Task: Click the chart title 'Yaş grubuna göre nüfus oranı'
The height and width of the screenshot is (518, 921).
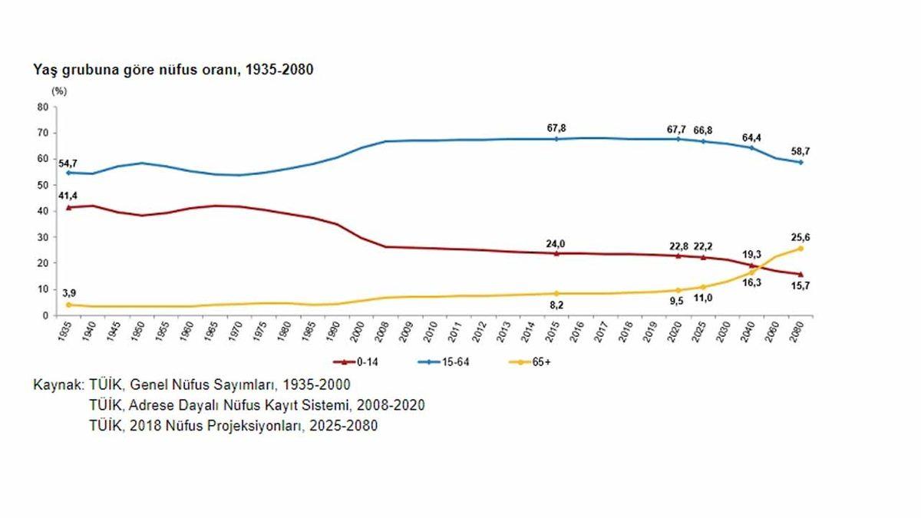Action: point(173,70)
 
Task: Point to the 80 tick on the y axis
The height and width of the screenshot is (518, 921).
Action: point(42,107)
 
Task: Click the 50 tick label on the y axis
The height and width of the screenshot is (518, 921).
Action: point(42,185)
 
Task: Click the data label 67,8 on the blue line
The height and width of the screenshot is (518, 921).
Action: point(556,127)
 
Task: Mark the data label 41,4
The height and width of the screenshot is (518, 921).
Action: point(68,196)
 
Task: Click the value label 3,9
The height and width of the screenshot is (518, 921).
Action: point(68,293)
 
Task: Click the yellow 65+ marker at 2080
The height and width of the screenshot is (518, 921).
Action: point(801,249)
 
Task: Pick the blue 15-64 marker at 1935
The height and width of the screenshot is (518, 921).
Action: point(68,173)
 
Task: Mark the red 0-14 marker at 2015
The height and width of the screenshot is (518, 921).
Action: point(556,252)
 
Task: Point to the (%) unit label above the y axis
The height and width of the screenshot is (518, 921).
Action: point(59,91)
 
